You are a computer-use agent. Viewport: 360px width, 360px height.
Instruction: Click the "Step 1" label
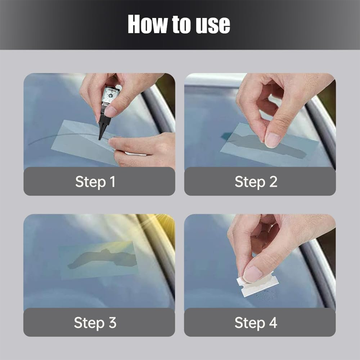[x=95, y=182]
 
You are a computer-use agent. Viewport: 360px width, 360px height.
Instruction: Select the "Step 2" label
[x=256, y=182]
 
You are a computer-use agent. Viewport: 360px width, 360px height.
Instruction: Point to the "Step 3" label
[x=95, y=322]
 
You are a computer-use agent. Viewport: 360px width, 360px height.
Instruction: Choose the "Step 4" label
[x=256, y=322]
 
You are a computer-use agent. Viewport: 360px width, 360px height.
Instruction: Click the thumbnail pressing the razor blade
[x=252, y=274]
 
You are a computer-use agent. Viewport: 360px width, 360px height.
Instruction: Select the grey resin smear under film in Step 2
[x=264, y=146]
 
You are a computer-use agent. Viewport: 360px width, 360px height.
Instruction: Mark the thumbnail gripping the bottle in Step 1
[x=111, y=111]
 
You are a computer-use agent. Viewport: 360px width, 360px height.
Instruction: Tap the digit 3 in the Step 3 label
[x=112, y=322]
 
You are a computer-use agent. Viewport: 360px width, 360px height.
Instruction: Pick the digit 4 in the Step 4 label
[x=273, y=322]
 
